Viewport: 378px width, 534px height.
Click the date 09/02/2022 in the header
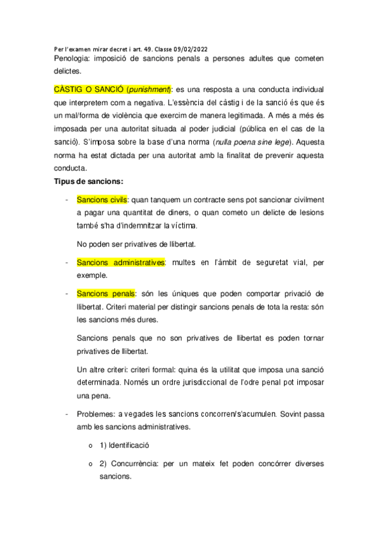click(x=187, y=48)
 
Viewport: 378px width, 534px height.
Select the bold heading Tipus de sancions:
click(x=88, y=181)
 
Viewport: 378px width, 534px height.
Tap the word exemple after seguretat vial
click(x=92, y=275)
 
